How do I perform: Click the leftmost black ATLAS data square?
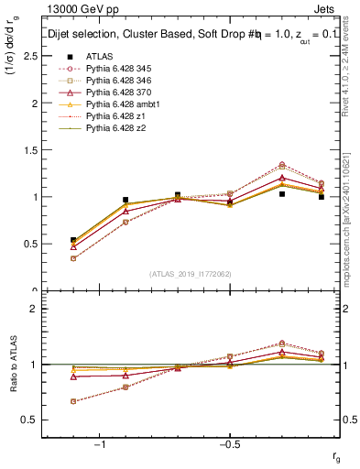click(x=73, y=240)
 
